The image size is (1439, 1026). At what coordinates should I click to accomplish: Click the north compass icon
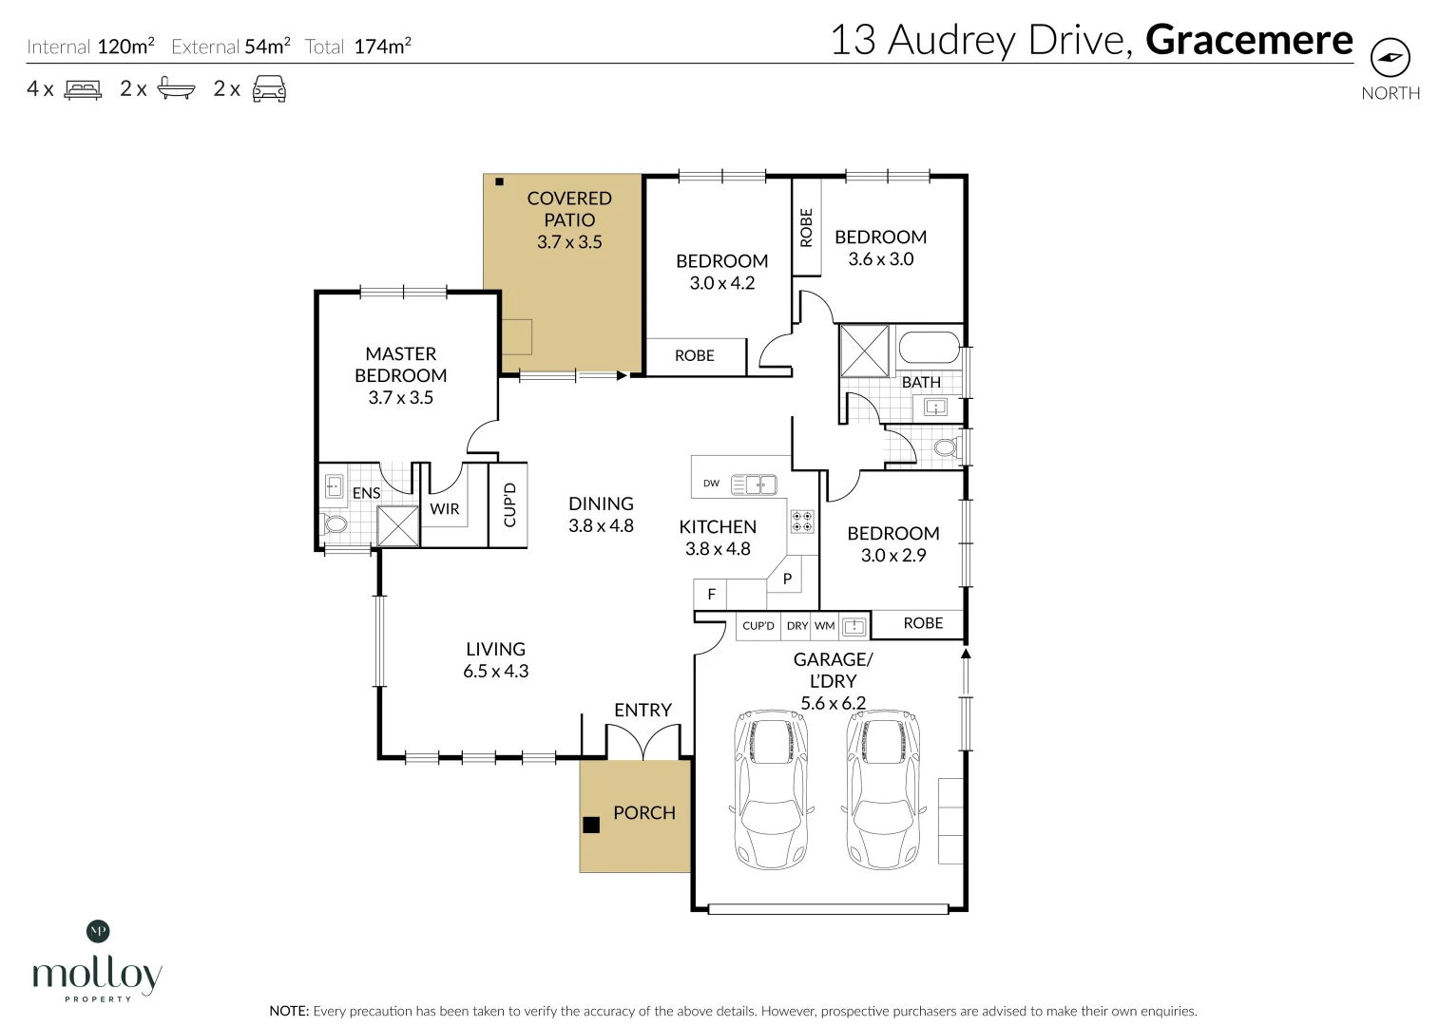click(1390, 58)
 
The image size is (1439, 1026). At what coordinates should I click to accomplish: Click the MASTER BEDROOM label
click(400, 365)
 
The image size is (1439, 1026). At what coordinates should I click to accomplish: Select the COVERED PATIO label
click(569, 209)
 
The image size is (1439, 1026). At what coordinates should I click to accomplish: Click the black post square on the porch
click(591, 825)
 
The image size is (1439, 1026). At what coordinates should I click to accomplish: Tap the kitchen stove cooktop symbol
click(802, 521)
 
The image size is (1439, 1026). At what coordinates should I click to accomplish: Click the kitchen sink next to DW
click(754, 484)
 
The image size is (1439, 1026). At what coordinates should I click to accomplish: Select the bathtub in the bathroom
click(929, 348)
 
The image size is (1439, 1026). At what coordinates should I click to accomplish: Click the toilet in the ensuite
click(335, 523)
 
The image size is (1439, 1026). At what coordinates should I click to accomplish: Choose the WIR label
click(444, 509)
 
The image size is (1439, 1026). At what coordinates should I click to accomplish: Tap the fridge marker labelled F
click(711, 595)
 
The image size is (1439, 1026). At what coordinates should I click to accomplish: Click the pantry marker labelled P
click(787, 578)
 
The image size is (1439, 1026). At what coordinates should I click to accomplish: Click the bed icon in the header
click(83, 89)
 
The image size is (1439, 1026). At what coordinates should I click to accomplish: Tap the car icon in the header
click(269, 88)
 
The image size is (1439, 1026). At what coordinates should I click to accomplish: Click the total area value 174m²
click(382, 47)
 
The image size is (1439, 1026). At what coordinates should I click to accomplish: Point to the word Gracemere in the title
click(1248, 40)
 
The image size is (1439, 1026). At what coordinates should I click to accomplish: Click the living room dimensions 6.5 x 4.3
click(495, 672)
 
